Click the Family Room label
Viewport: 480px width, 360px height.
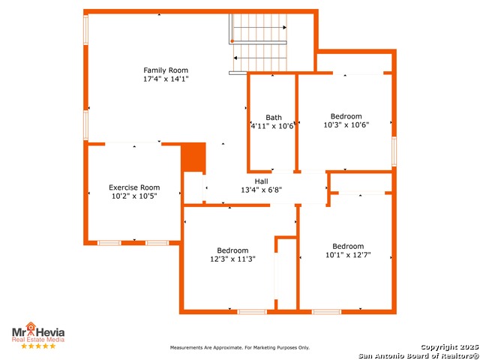pos(166,70)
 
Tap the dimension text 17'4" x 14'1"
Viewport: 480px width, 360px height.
pos(166,79)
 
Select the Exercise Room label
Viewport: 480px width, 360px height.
pos(134,187)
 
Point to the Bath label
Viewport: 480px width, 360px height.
pos(274,117)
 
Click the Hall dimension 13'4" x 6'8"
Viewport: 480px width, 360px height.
pos(262,190)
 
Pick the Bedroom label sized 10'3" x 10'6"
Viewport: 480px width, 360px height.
pos(346,116)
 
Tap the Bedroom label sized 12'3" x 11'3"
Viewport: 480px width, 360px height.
pos(232,250)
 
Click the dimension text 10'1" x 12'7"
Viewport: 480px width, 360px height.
pos(348,255)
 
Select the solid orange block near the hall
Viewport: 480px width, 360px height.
pos(193,157)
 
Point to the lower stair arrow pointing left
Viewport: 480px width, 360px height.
pos(260,58)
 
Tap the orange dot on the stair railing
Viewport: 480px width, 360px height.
pos(232,41)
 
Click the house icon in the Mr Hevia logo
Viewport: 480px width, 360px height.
pos(30,327)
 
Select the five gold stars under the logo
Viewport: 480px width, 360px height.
pos(38,346)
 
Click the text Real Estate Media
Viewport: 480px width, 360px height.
pos(38,340)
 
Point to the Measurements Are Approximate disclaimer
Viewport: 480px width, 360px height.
pos(240,348)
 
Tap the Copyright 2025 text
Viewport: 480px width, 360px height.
pos(449,347)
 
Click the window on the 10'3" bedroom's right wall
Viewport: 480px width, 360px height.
pos(394,151)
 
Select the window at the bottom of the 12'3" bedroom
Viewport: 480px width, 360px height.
pos(252,312)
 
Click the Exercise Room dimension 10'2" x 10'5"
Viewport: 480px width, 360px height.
pos(134,196)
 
